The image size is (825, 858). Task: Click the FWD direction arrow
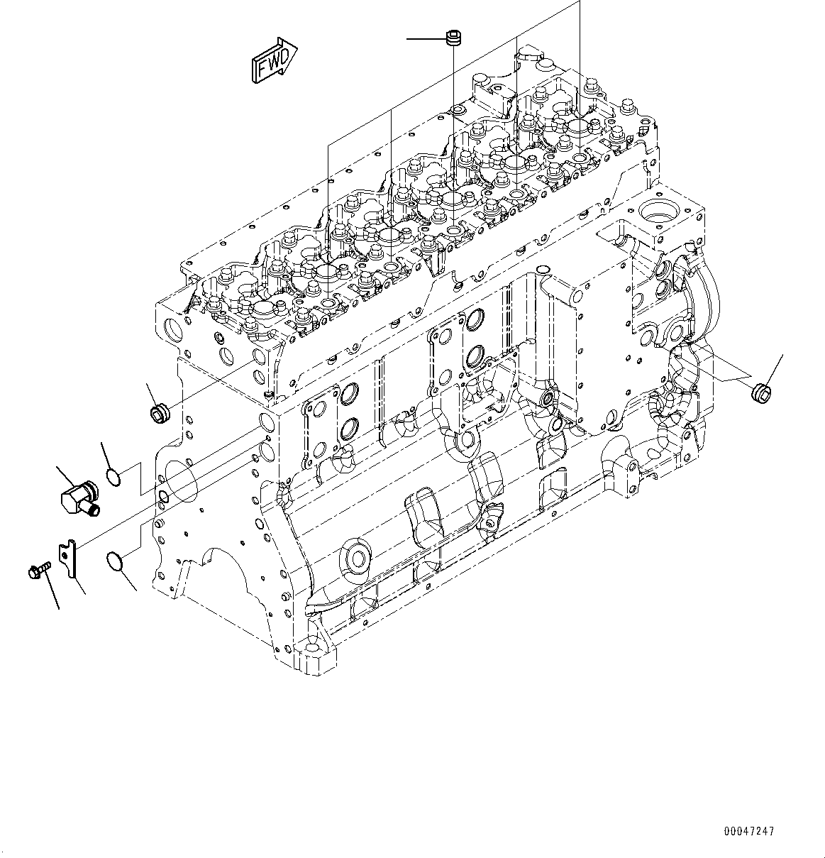point(273,59)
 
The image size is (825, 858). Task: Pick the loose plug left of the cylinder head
point(158,412)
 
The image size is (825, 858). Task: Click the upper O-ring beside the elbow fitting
point(116,477)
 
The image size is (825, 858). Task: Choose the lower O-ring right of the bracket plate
point(117,562)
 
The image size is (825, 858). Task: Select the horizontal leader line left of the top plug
point(425,38)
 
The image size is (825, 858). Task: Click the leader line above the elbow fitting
point(66,475)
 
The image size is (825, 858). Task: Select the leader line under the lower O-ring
point(128,581)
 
